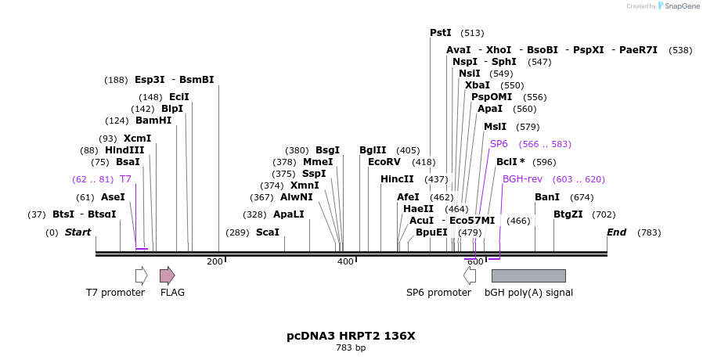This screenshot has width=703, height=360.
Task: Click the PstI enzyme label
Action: click(x=441, y=33)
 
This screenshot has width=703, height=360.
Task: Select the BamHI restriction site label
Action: click(x=153, y=121)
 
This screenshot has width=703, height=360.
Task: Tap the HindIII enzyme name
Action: click(x=124, y=150)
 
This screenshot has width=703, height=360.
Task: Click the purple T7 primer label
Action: click(x=125, y=179)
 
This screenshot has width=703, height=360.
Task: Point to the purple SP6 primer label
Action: click(x=499, y=144)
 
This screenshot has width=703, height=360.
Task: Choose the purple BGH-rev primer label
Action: click(x=521, y=179)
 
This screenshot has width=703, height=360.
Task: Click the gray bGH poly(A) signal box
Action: click(x=528, y=275)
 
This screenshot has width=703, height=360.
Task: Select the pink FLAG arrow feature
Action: click(x=167, y=275)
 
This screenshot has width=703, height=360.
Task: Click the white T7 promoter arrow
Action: click(x=141, y=275)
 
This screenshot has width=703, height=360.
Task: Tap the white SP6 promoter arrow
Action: click(x=470, y=275)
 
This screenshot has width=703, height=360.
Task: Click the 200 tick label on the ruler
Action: click(x=215, y=261)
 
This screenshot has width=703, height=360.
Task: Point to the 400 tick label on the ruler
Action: click(x=345, y=261)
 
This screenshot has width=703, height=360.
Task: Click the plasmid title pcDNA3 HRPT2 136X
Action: click(x=351, y=336)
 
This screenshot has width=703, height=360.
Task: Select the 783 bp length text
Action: click(x=351, y=347)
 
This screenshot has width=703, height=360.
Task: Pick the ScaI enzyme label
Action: click(x=267, y=232)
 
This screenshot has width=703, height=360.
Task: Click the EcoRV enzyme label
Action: click(x=384, y=162)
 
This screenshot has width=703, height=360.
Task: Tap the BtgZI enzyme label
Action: click(x=568, y=214)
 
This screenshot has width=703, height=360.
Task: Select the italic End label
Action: click(x=617, y=232)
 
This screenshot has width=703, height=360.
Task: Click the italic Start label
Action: click(x=78, y=232)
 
